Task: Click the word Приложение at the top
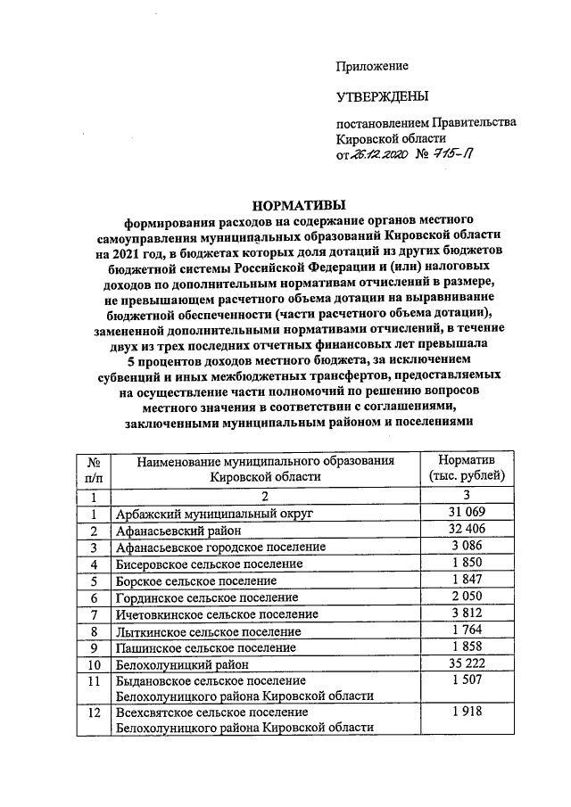(x=372, y=67)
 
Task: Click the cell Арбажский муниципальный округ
(x=214, y=515)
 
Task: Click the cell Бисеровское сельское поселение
(x=210, y=564)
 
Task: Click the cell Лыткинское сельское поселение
(x=206, y=631)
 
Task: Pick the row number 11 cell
(x=94, y=681)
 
